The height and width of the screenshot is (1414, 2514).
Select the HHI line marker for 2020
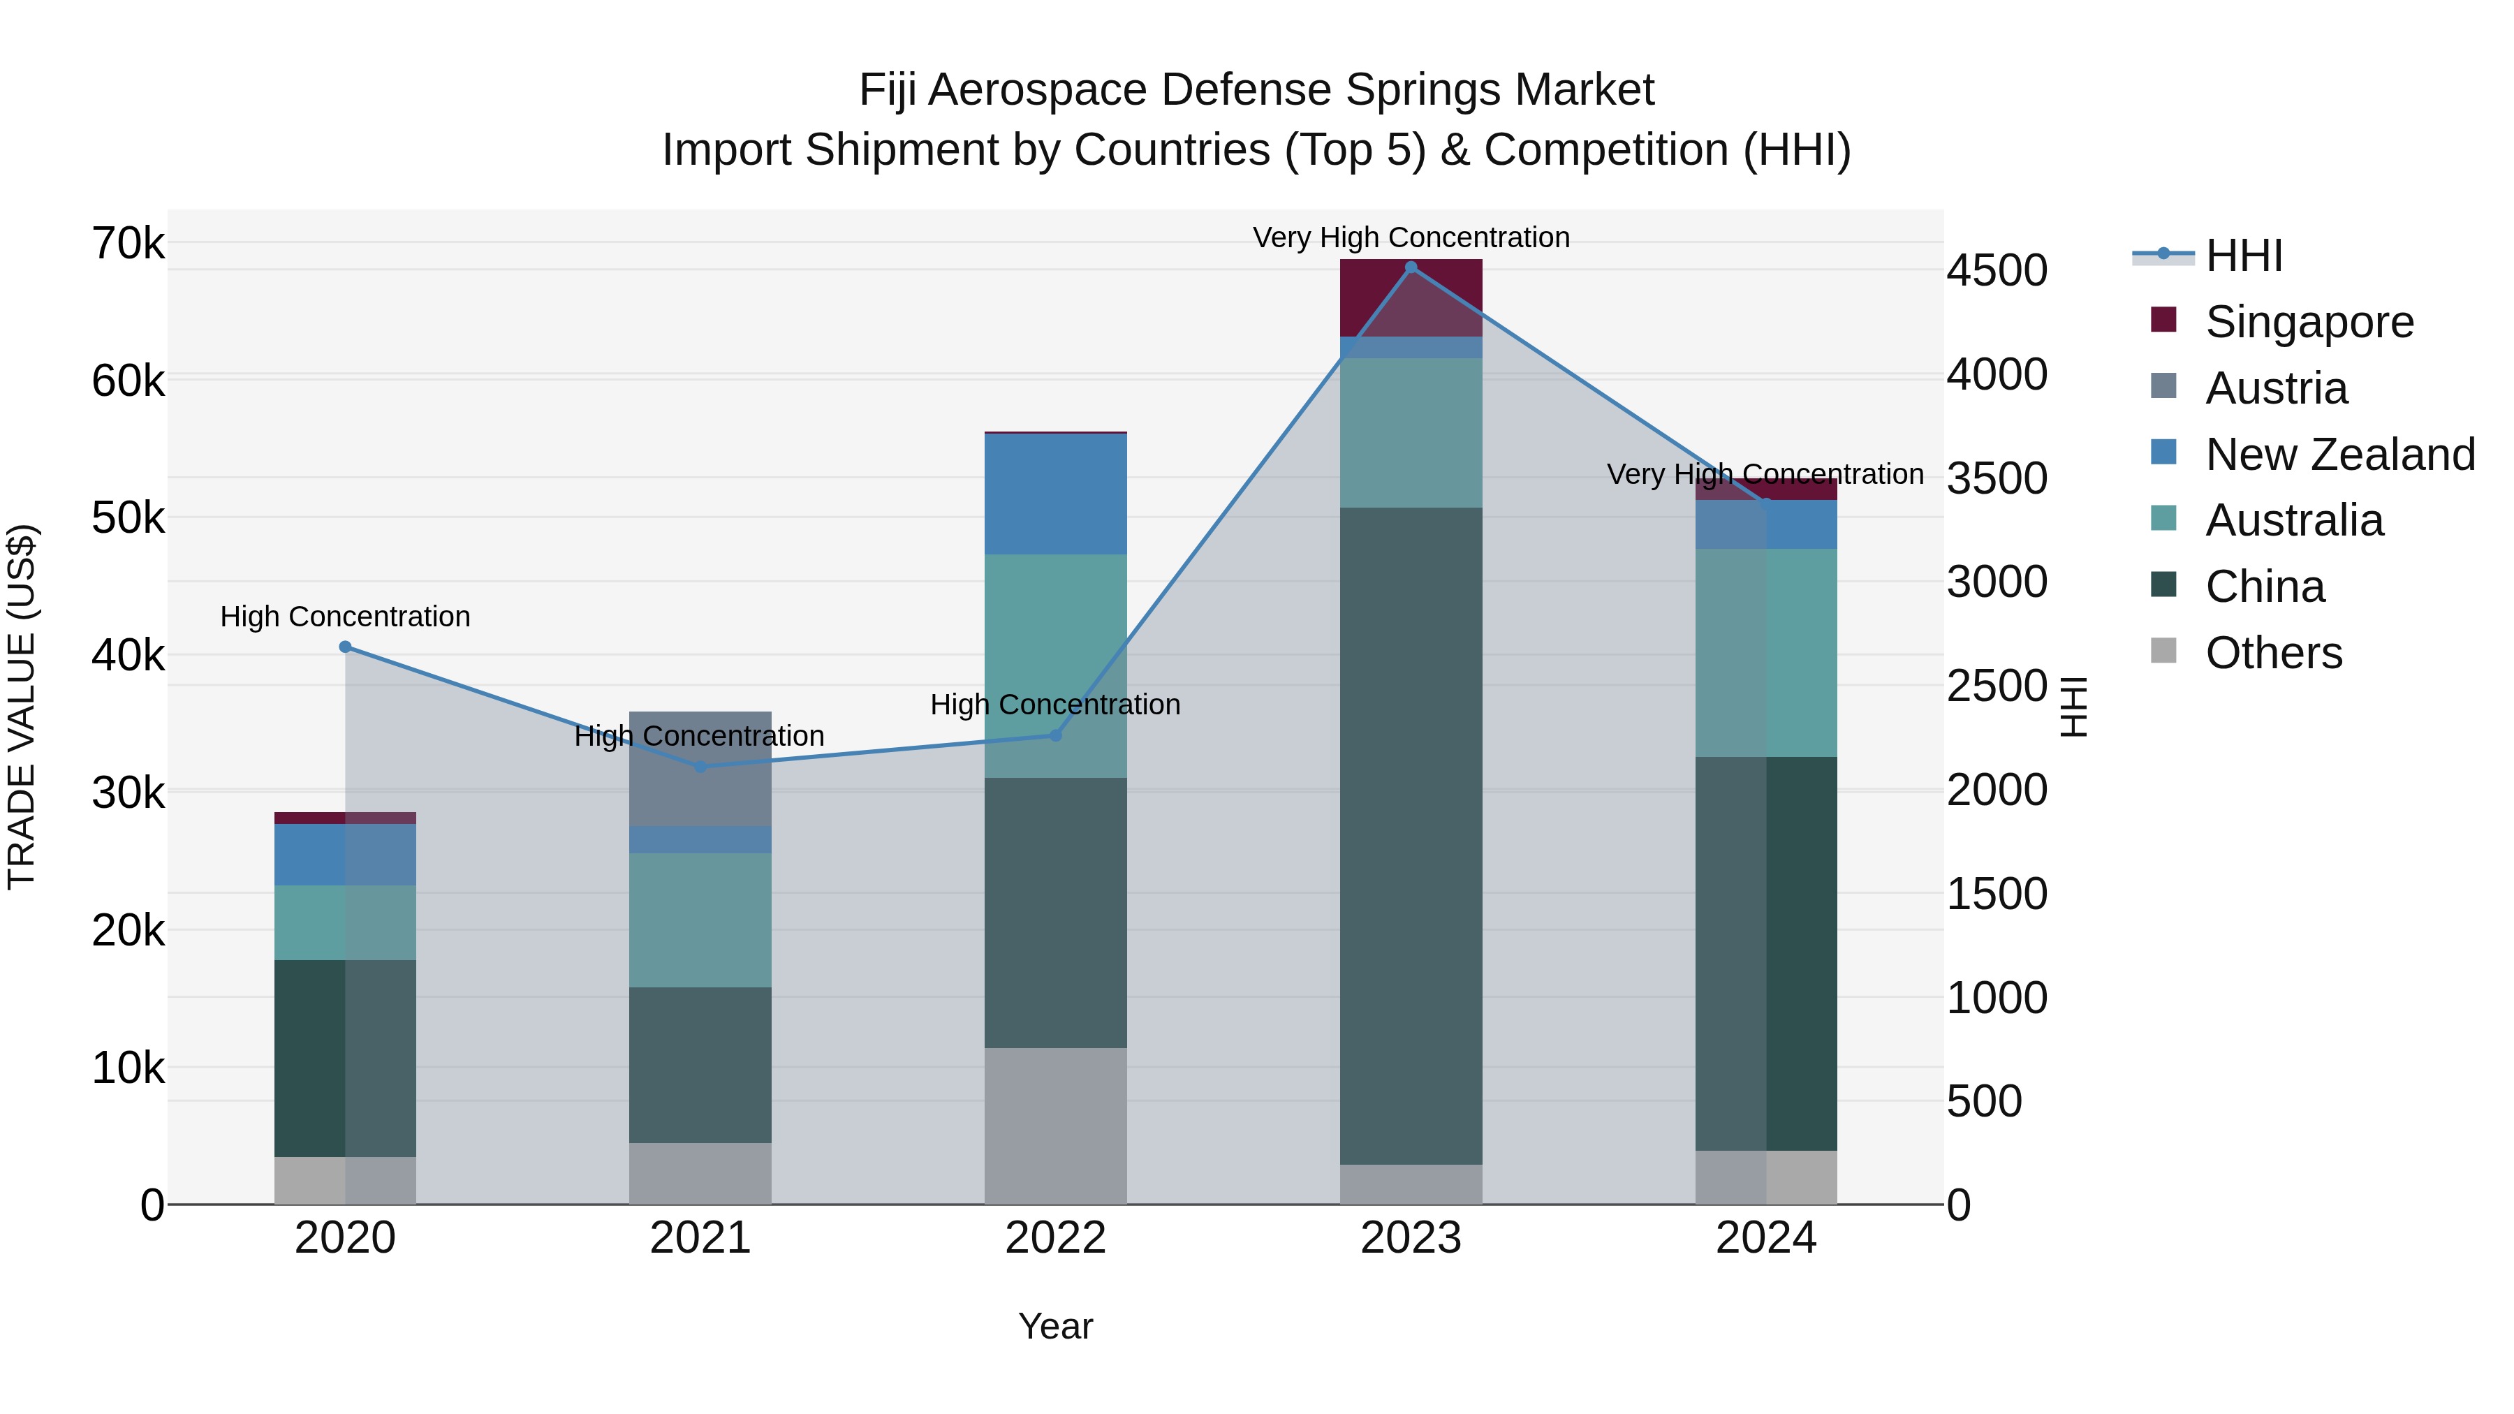[346, 647]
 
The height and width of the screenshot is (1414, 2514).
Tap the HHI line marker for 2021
[700, 767]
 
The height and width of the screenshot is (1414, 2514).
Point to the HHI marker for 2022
[1055, 735]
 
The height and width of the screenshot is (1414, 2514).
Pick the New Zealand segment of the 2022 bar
[1055, 495]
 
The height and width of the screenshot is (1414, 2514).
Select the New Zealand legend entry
[2339, 455]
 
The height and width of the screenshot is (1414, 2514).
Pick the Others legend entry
[2273, 653]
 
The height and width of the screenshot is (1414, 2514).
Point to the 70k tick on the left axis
[128, 243]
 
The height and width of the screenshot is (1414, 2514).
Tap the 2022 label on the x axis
[1055, 1238]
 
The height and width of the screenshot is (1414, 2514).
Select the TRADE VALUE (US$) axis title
[22, 707]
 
